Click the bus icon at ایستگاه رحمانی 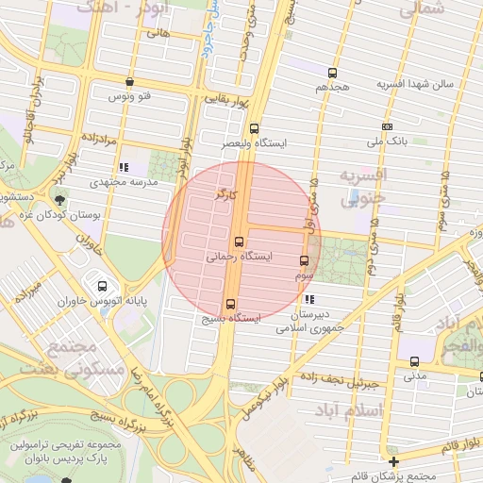(x=239, y=241)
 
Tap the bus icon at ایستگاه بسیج (x=231, y=303)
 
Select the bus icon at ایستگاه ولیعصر (x=254, y=129)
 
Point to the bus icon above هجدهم (x=332, y=73)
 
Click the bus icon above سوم (x=304, y=261)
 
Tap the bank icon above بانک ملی (x=387, y=126)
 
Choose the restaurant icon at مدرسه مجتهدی (x=125, y=167)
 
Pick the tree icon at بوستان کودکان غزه (x=61, y=199)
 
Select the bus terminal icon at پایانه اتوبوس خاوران (x=102, y=286)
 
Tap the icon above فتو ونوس (x=129, y=82)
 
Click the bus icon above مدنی (x=414, y=360)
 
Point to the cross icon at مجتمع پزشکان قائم (x=393, y=461)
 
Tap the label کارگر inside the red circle (x=225, y=194)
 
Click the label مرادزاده (x=96, y=139)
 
